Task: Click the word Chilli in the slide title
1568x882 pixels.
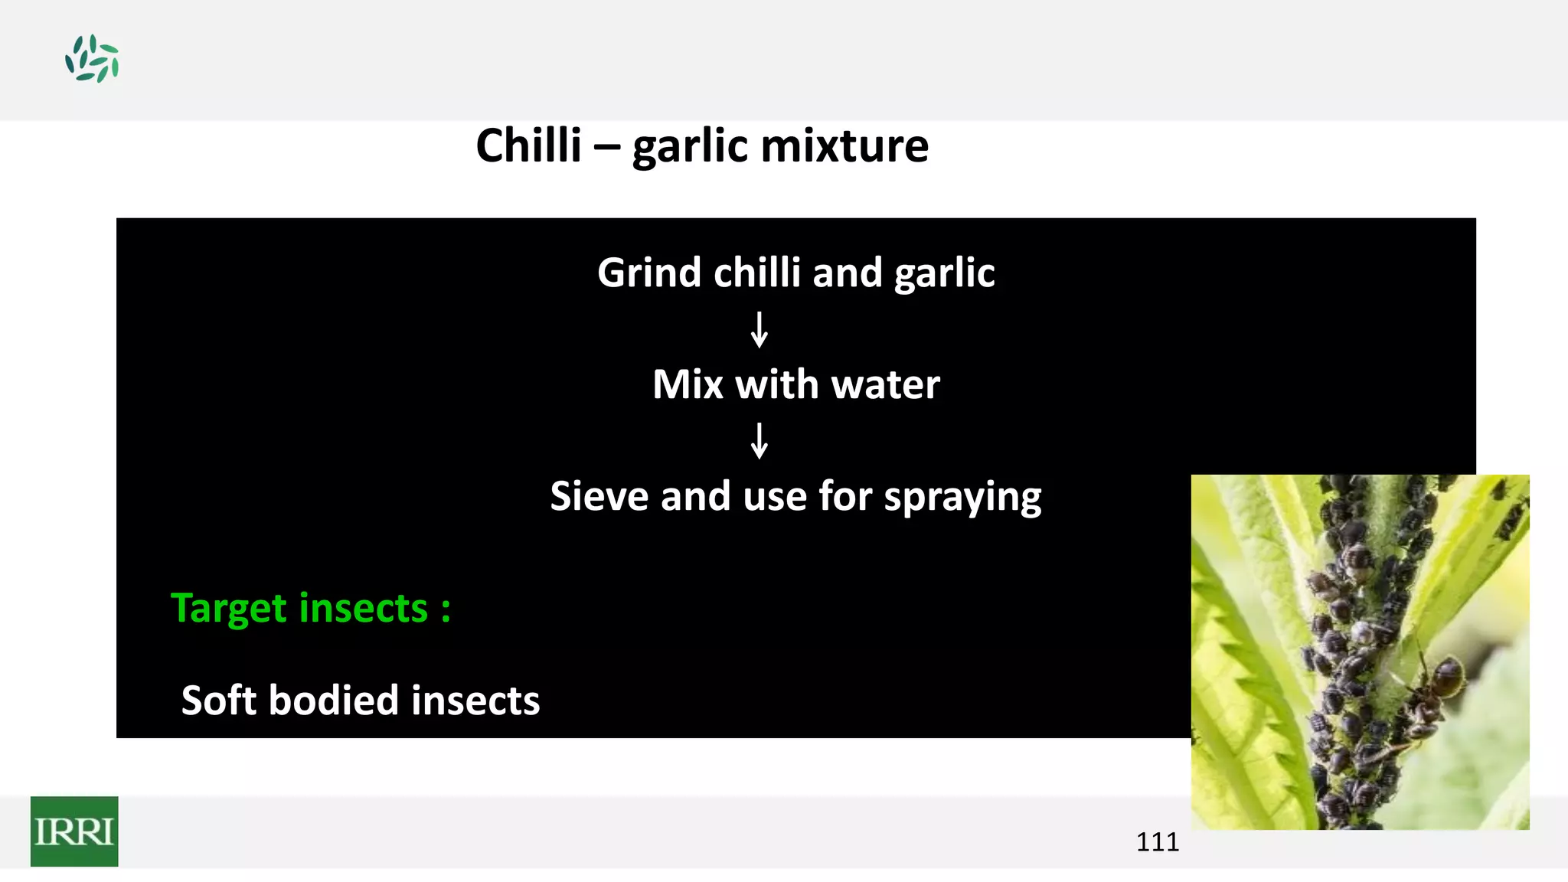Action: tap(528, 145)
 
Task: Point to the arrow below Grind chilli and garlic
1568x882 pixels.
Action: tap(759, 329)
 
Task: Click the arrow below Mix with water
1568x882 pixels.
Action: tap(759, 440)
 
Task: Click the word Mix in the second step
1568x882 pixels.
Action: tap(687, 384)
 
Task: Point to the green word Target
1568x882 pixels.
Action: tap(228, 609)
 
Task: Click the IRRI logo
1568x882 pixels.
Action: tap(74, 831)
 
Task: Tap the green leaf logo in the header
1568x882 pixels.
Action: tap(92, 58)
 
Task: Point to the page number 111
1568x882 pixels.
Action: tap(1157, 842)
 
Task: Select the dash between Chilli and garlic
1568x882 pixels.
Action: tap(606, 147)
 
